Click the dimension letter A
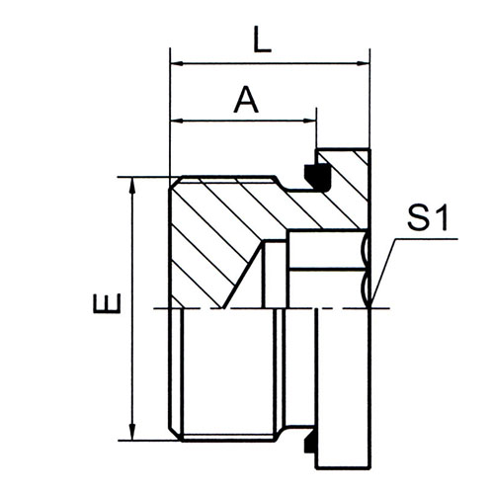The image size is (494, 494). (246, 100)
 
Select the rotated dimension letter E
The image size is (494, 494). (107, 303)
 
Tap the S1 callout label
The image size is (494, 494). (428, 217)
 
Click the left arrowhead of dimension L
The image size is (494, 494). (177, 63)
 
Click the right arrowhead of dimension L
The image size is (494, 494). (363, 63)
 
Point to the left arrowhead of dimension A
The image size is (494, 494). (177, 122)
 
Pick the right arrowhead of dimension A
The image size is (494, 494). (309, 122)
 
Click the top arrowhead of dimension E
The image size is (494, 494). (132, 185)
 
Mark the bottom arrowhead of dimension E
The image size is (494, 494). (132, 432)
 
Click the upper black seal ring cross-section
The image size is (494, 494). (317, 177)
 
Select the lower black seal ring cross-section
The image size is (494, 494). (310, 445)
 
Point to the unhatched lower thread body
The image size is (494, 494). (227, 373)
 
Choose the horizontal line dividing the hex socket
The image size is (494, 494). (329, 270)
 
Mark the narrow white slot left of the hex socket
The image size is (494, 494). (275, 274)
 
